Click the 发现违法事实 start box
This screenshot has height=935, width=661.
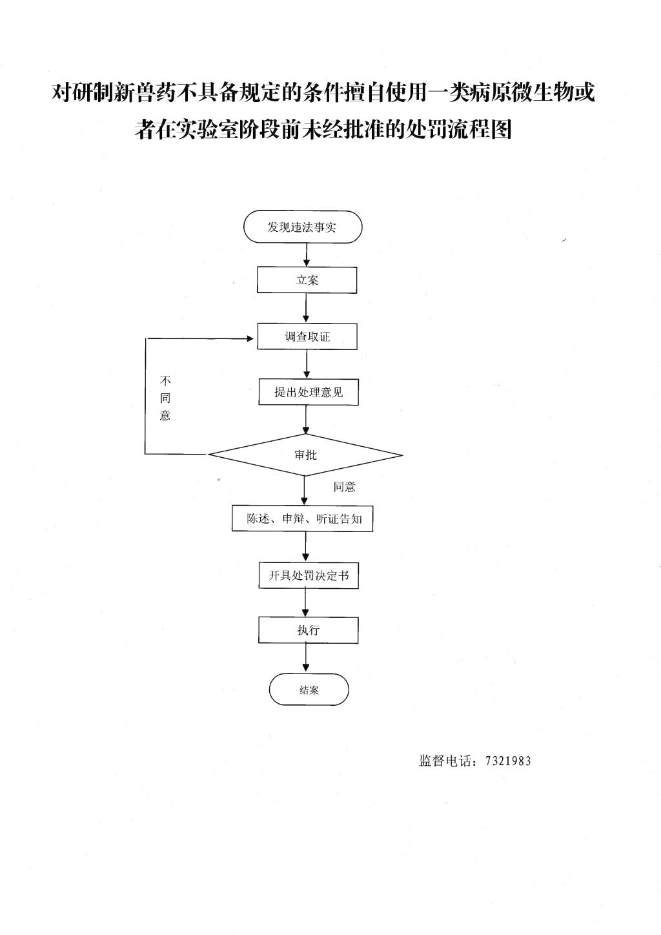tap(303, 227)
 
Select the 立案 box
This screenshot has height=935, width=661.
tap(307, 280)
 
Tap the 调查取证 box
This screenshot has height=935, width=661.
tap(307, 336)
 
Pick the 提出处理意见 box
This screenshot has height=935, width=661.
tap(309, 392)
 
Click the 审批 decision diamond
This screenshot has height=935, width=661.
tap(305, 455)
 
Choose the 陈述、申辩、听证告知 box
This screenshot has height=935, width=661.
tap(303, 519)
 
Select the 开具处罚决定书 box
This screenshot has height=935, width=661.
tap(309, 575)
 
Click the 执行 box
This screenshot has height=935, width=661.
tap(309, 630)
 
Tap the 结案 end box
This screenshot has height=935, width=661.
tap(309, 690)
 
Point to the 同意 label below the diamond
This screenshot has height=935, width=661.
tap(344, 487)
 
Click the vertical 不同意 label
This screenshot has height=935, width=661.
tap(165, 398)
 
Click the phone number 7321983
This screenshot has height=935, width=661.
tap(508, 761)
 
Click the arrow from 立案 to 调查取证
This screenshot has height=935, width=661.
tap(307, 308)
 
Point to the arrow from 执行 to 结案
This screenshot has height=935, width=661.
tap(307, 658)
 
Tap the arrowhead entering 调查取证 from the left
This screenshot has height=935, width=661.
tap(250, 338)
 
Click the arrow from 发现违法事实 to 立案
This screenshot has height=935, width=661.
tap(307, 255)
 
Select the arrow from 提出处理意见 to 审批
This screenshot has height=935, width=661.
tap(307, 420)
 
